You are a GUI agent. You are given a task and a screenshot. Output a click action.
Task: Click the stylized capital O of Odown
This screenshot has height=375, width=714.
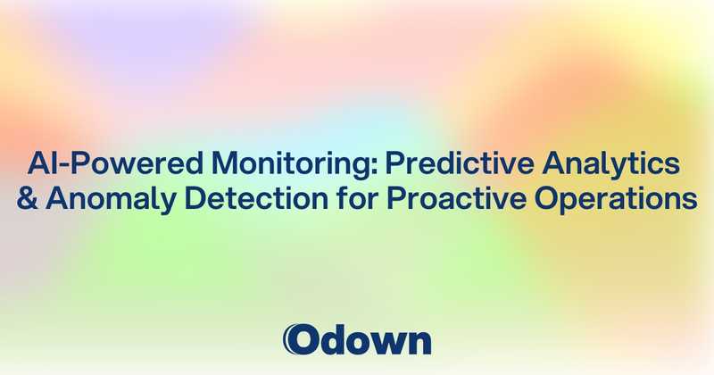[x=300, y=339]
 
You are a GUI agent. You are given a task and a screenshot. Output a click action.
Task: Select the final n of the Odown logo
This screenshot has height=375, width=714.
[x=420, y=342]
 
